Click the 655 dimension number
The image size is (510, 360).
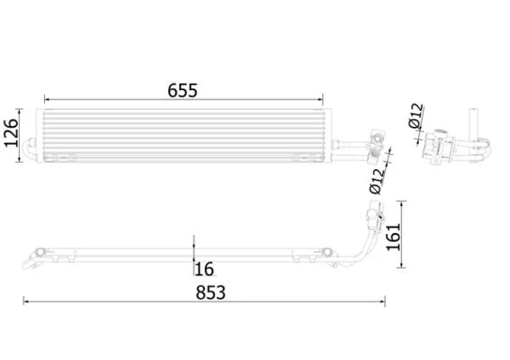(183, 91)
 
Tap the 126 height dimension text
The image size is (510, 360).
(12, 133)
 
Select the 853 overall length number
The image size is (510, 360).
(210, 292)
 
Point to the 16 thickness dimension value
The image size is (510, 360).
(204, 269)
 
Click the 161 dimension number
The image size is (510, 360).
(393, 237)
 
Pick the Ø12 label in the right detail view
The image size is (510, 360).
(416, 116)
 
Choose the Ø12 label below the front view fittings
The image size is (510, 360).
(377, 182)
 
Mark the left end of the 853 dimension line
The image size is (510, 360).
(23, 301)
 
